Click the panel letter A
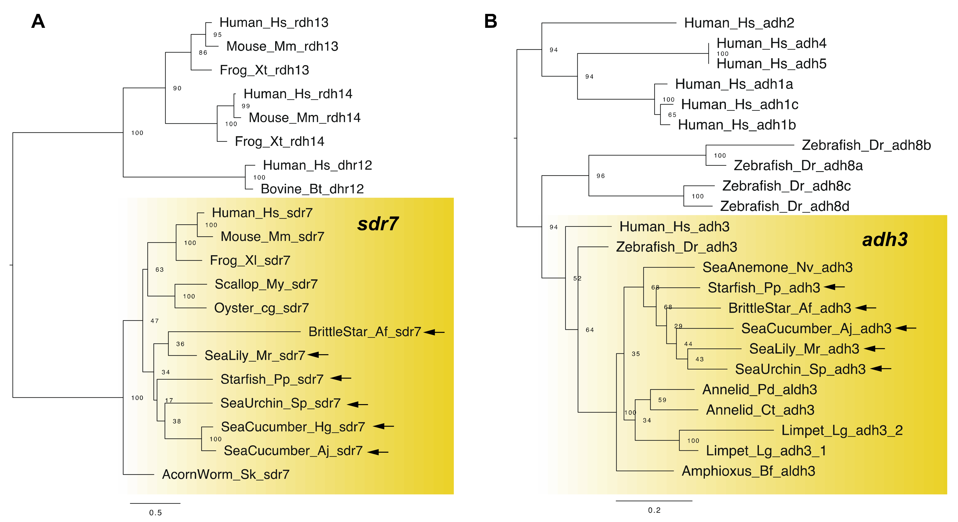pos(38,21)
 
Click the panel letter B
pos(491,21)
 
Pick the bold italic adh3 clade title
pos(885,239)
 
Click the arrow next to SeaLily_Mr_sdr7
pos(318,355)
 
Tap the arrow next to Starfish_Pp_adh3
pos(834,287)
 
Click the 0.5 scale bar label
pos(156,513)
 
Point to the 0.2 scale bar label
pos(654,510)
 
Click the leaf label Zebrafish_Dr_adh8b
pos(866,145)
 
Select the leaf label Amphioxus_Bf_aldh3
pos(748,471)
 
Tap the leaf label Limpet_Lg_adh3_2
pos(842,430)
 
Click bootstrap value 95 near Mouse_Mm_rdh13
pos(217,35)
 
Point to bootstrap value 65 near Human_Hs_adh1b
pos(672,115)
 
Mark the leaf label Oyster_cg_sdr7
pos(262,308)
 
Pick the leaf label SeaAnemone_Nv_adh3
pos(777,267)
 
